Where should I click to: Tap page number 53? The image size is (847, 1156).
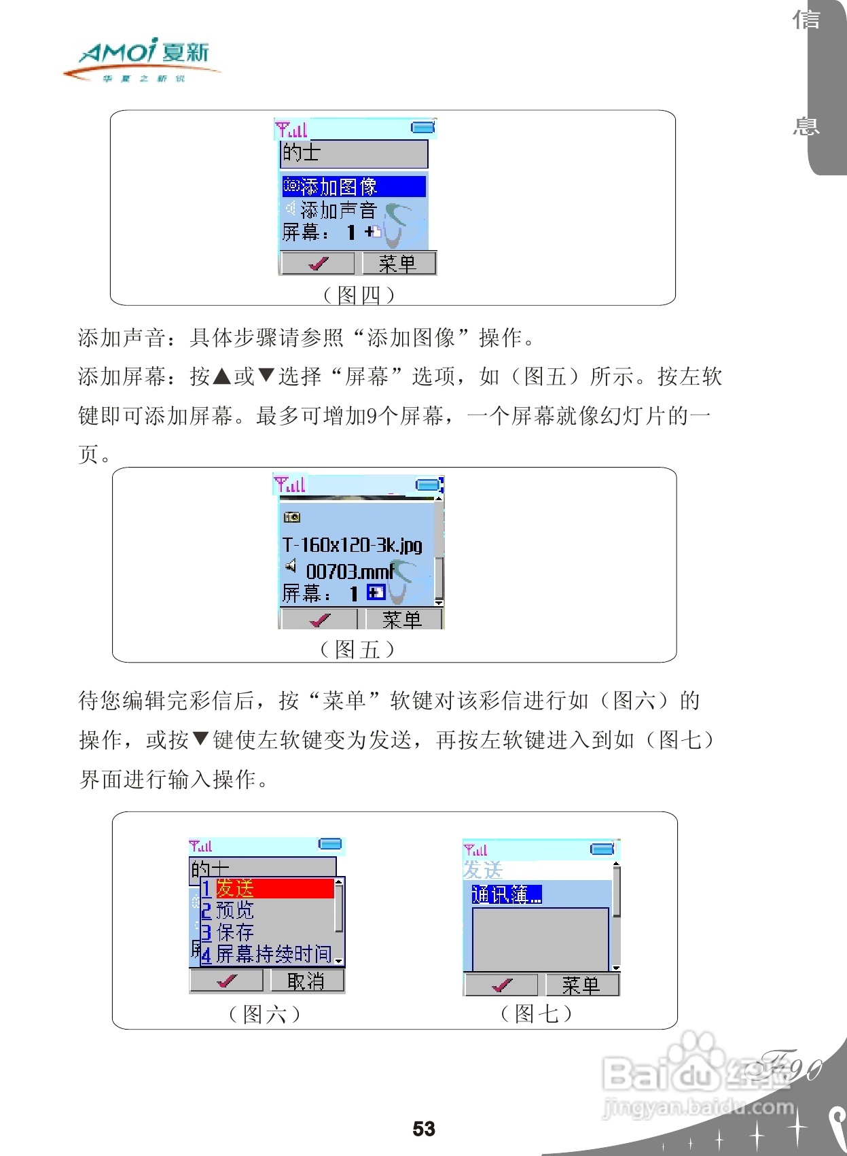pyautogui.click(x=424, y=1129)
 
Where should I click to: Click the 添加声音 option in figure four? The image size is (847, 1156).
pyautogui.click(x=338, y=209)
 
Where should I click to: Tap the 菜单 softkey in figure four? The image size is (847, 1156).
pyautogui.click(x=398, y=264)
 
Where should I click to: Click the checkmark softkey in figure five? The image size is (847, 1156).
pyautogui.click(x=319, y=620)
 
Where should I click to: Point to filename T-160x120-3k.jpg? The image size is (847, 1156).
pyautogui.click(x=352, y=545)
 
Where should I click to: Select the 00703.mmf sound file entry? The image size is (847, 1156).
pyautogui.click(x=349, y=572)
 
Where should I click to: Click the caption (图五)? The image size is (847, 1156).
pyautogui.click(x=357, y=650)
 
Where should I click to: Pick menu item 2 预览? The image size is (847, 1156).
pyautogui.click(x=234, y=911)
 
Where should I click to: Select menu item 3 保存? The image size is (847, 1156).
pyautogui.click(x=234, y=932)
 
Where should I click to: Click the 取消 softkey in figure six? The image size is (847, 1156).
pyautogui.click(x=306, y=981)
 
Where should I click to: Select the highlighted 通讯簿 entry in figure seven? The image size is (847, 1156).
pyautogui.click(x=507, y=894)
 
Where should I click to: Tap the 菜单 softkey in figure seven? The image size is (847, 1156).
pyautogui.click(x=581, y=985)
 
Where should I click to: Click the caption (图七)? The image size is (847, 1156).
pyautogui.click(x=536, y=1014)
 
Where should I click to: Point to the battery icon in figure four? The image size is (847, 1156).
pyautogui.click(x=423, y=127)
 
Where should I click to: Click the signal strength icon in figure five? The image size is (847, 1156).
pyautogui.click(x=290, y=485)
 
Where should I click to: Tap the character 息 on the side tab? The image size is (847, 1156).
pyautogui.click(x=806, y=126)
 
